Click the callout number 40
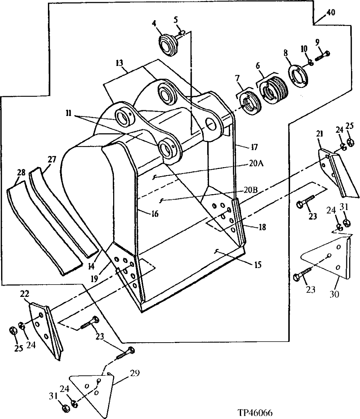coord(330,13)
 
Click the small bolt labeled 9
coord(323,55)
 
